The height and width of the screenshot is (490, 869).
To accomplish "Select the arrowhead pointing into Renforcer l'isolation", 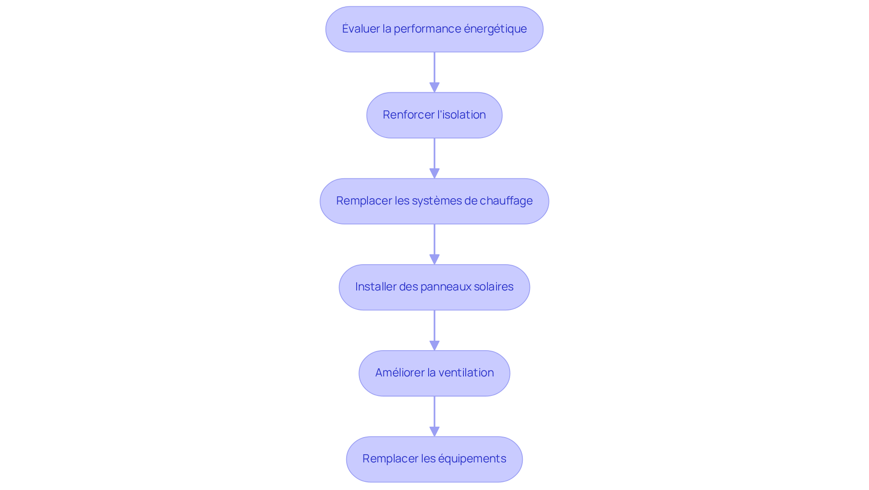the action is click(x=434, y=87).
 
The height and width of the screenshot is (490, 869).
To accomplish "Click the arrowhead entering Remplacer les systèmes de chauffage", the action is click(x=434, y=173).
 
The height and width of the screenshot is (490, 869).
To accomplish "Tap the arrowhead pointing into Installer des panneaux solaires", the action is click(x=434, y=259).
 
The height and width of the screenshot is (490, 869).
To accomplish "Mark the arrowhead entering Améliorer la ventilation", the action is click(x=434, y=345).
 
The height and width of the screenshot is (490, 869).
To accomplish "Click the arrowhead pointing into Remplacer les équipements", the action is click(x=434, y=431).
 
